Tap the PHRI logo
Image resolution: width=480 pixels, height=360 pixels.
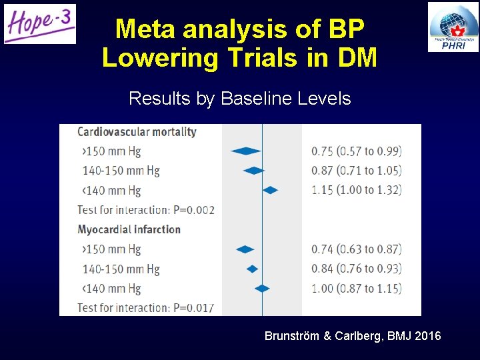point(453,27)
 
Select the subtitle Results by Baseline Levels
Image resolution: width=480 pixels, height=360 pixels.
point(239,99)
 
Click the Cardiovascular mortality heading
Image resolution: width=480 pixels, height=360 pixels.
point(137,131)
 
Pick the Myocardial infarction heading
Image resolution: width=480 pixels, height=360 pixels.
point(129,229)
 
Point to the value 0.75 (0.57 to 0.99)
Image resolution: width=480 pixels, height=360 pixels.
point(357,151)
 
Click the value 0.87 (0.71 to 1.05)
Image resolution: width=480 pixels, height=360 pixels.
point(357,171)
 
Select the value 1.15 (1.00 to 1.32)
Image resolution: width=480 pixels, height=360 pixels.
point(357,190)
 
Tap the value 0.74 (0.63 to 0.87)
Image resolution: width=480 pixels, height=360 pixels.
point(357,249)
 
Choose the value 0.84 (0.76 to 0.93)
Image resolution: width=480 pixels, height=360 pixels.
point(357,269)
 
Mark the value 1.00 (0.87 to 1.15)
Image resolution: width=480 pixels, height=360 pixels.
point(357,288)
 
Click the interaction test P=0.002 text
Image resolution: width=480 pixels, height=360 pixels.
point(146,210)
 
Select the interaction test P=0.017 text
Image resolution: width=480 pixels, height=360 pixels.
point(146,307)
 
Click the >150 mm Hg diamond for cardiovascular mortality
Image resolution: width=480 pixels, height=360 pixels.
point(245,151)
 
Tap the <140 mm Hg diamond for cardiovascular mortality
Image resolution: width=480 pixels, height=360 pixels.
point(270,190)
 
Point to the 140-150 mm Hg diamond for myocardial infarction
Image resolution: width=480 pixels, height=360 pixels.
point(252,269)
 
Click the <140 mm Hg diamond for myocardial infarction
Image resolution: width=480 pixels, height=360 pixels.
point(262,288)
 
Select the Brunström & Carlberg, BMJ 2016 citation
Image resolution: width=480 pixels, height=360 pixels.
point(353,336)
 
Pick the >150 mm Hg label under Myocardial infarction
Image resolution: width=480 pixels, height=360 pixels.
point(111,249)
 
